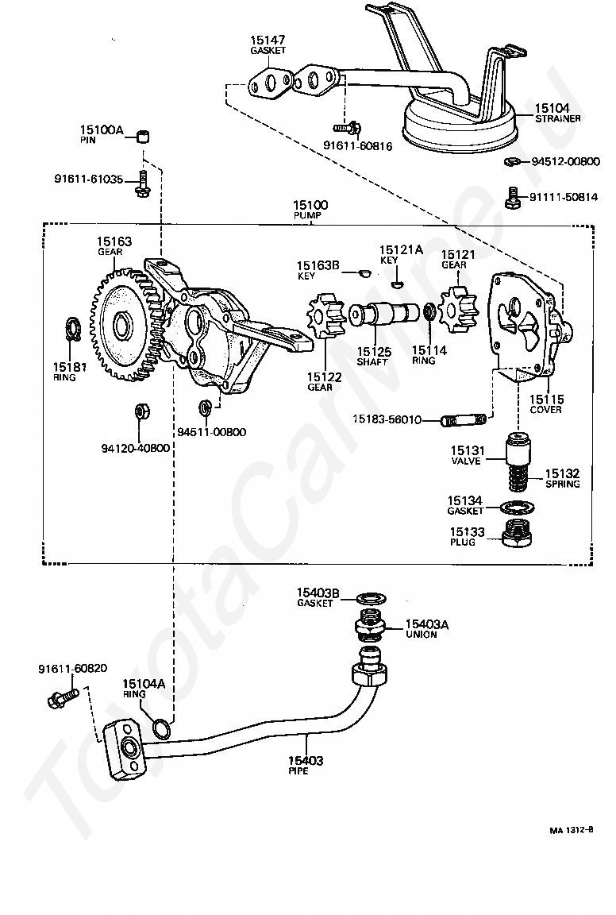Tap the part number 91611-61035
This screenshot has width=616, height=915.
coord(89,180)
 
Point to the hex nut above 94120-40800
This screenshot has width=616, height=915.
coord(141,410)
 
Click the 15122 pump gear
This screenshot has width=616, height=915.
coord(323,315)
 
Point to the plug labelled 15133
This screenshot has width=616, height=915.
coord(518,534)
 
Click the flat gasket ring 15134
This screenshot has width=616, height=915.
coord(518,506)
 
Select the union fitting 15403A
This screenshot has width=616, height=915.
coord(370,626)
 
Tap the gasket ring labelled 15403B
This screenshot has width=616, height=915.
coord(372,598)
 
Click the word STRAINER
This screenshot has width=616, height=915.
coord(558,118)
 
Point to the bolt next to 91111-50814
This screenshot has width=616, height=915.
coord(511,197)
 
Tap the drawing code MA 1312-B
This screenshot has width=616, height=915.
coord(571,830)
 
